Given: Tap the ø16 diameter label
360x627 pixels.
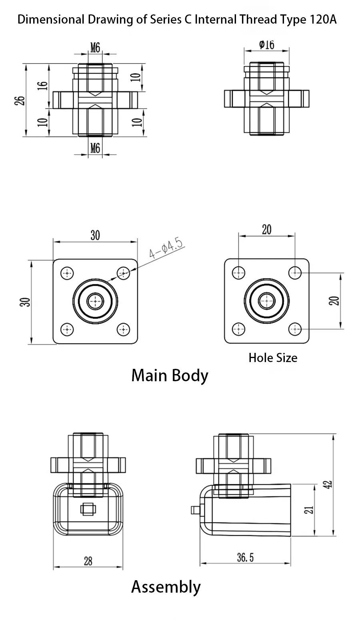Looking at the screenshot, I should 267,44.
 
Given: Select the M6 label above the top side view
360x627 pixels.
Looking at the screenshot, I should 95,48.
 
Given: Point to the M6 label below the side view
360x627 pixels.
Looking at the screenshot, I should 95,149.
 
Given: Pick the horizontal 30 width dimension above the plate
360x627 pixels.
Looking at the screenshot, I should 95,235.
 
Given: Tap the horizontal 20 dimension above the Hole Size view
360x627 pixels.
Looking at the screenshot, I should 267,229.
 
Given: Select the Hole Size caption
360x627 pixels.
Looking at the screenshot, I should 273,358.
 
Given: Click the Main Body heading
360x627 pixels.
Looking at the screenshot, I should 170,376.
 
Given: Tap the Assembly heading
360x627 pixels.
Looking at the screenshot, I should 166,587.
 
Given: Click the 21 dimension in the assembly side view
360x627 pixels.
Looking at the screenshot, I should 309,510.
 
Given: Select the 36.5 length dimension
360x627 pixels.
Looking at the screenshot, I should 245,557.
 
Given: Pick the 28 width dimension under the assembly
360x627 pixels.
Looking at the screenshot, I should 88,561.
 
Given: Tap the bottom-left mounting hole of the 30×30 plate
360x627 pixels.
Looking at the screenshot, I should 67,330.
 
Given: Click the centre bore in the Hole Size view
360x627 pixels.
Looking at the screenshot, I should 266,301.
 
